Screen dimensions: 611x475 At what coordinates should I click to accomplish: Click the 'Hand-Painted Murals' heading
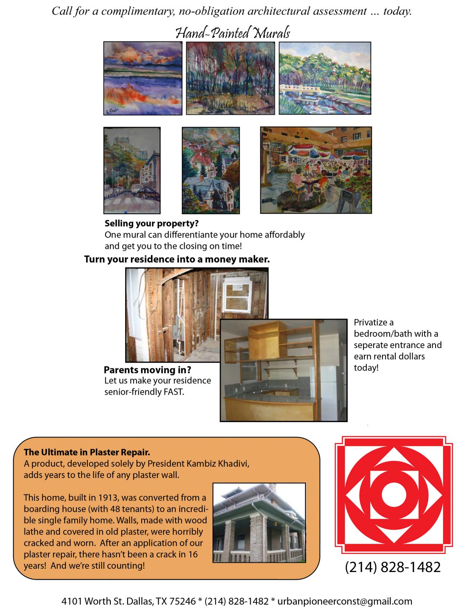[233, 33]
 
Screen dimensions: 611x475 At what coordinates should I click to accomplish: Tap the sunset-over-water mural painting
[143, 78]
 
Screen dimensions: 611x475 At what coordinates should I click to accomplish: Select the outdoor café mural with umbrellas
[316, 170]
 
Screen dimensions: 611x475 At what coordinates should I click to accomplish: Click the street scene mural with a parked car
[132, 170]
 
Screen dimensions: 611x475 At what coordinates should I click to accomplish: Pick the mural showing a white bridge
[325, 78]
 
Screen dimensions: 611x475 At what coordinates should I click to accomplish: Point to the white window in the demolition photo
[238, 296]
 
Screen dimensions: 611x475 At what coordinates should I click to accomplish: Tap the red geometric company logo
[394, 494]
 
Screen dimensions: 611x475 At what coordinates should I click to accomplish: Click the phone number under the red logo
[393, 567]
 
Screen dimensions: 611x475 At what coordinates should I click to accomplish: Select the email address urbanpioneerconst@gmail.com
[345, 601]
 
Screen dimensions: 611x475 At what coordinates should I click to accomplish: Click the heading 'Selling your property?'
[152, 223]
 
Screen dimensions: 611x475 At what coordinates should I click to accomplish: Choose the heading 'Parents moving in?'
[147, 370]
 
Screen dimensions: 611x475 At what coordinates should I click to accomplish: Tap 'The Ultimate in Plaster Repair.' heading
[87, 452]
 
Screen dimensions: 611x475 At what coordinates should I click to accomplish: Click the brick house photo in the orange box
[259, 523]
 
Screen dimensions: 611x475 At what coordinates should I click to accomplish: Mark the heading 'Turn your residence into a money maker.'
[177, 259]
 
